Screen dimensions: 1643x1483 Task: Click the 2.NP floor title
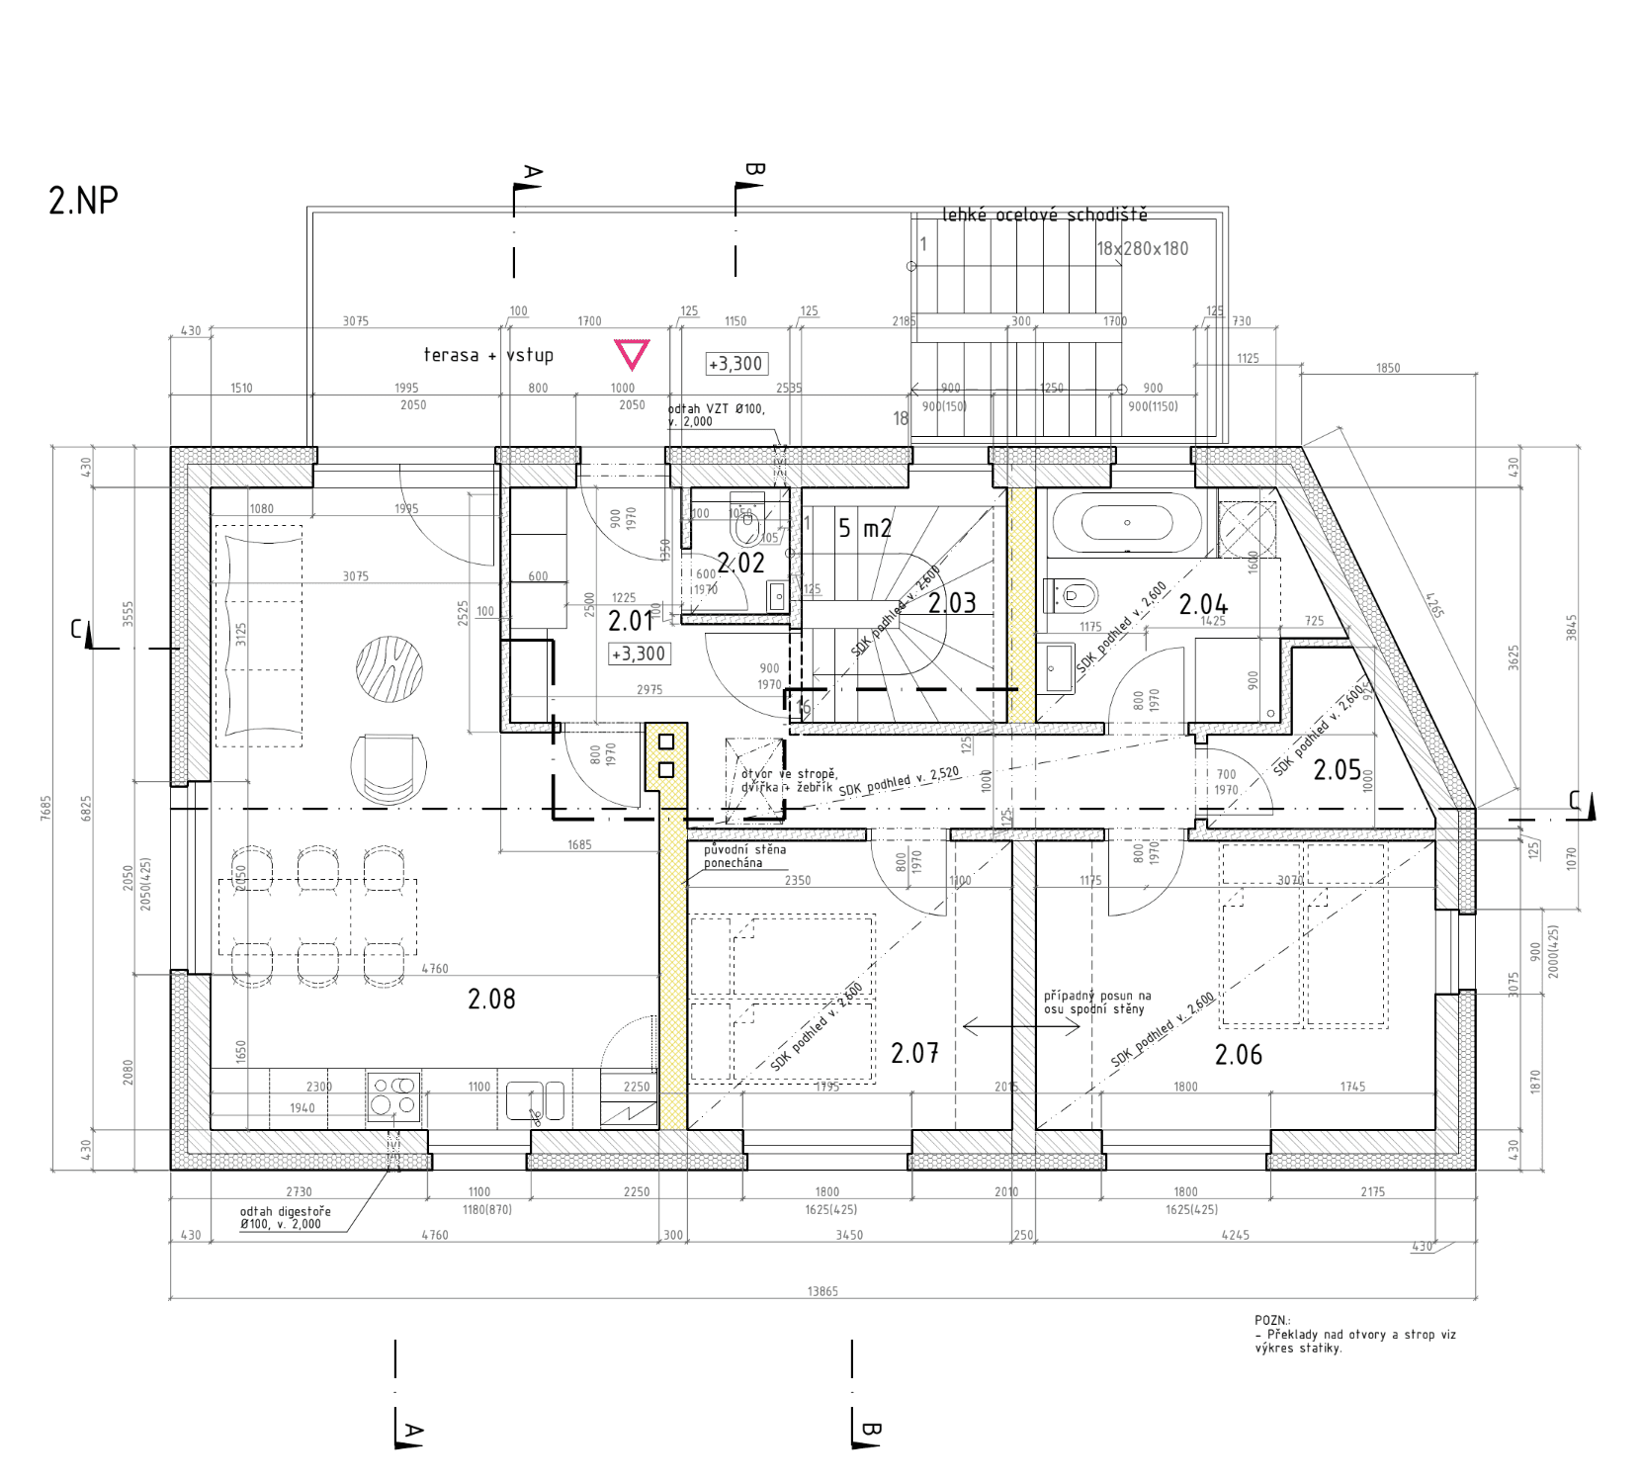83,201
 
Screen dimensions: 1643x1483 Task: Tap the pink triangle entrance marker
632,353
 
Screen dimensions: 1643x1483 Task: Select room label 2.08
491,999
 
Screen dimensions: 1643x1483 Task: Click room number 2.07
914,1053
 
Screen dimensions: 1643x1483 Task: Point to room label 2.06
1238,1055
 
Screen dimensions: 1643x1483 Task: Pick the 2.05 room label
1337,769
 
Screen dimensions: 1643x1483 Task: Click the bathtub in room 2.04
1127,523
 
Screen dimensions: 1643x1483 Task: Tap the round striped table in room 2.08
389,669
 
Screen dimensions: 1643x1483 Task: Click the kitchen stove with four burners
393,1096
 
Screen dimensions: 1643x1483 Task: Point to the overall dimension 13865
821,1291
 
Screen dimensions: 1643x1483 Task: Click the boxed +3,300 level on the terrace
736,364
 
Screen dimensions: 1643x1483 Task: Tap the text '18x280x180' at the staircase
1142,249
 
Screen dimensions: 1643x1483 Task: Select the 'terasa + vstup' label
488,355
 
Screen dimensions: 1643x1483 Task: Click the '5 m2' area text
865,528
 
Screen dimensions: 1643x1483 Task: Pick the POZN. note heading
1272,1320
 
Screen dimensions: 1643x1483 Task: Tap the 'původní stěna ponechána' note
744,856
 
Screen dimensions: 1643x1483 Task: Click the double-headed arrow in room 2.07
1021,1027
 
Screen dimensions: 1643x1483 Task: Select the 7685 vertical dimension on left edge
45,808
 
